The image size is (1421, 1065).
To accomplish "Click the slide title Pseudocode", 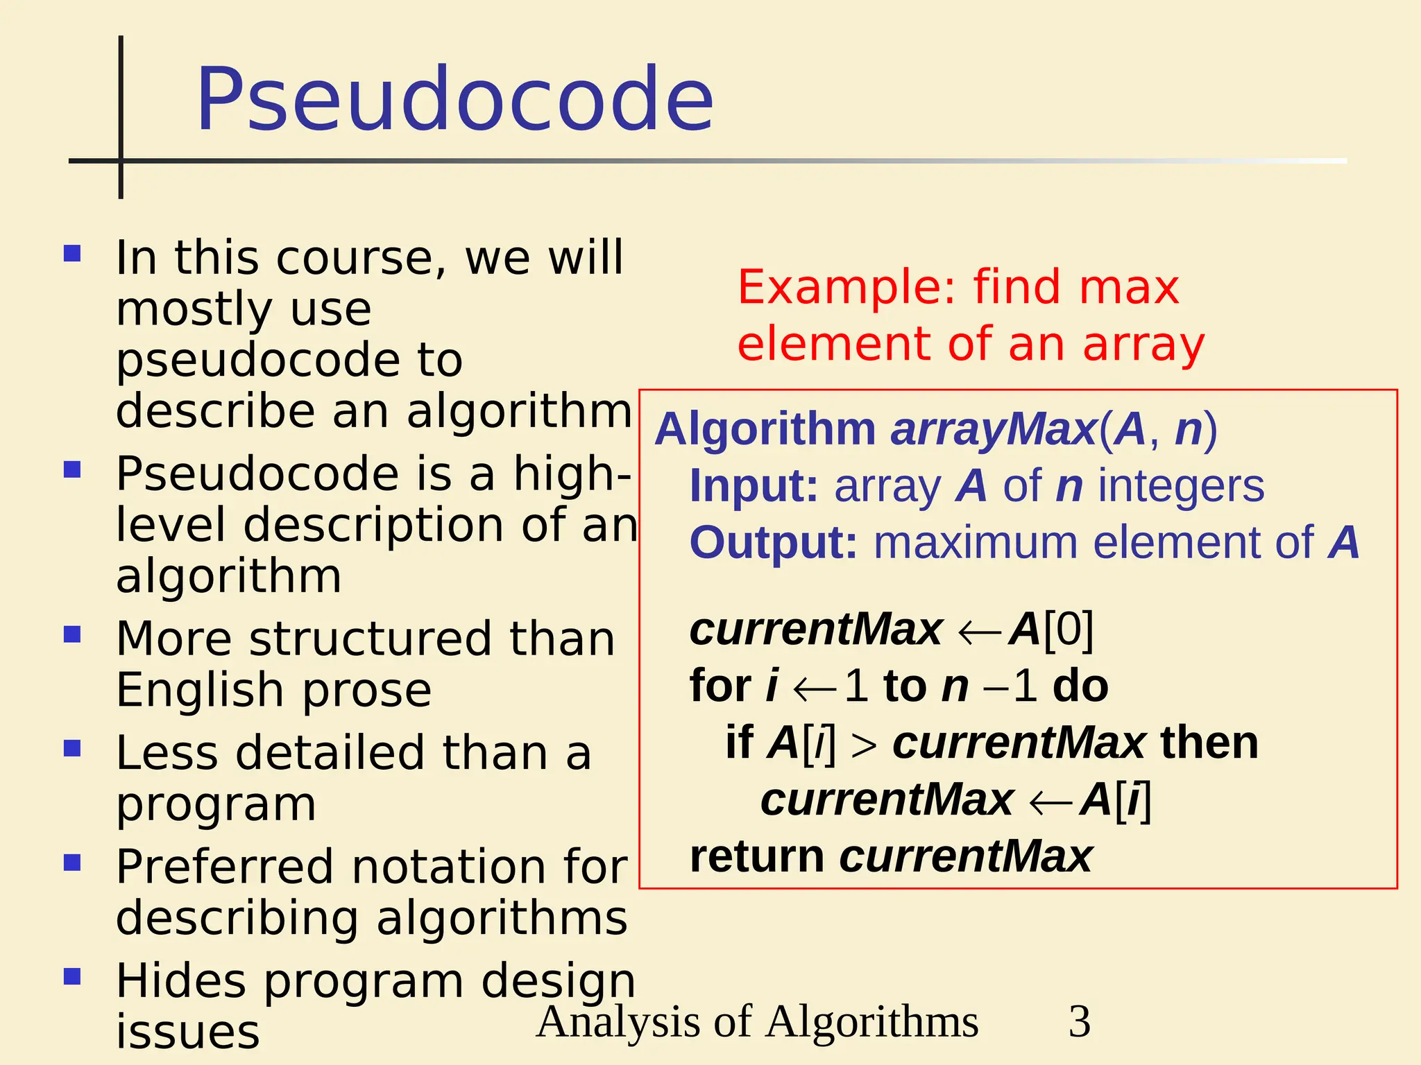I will [x=454, y=98].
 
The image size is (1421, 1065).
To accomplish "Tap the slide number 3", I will [x=1080, y=1021].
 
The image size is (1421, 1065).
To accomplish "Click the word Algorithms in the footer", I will [x=872, y=1021].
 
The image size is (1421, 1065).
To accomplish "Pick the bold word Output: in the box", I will [x=773, y=542].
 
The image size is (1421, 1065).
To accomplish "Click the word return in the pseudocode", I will [x=756, y=856].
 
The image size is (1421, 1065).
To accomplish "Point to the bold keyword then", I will [x=1209, y=743].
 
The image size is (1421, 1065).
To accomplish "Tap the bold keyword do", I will [x=1080, y=686].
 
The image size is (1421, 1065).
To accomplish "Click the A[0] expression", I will [x=1051, y=630].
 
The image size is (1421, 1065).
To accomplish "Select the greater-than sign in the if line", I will [x=864, y=745].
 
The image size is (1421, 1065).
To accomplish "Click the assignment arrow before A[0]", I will [x=978, y=632].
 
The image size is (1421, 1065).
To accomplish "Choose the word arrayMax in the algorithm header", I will [x=993, y=429].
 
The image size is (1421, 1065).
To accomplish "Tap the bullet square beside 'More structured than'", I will [x=72, y=634].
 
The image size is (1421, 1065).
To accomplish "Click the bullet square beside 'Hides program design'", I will [x=72, y=977].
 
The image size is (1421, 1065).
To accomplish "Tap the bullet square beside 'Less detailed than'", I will [x=72, y=749].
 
